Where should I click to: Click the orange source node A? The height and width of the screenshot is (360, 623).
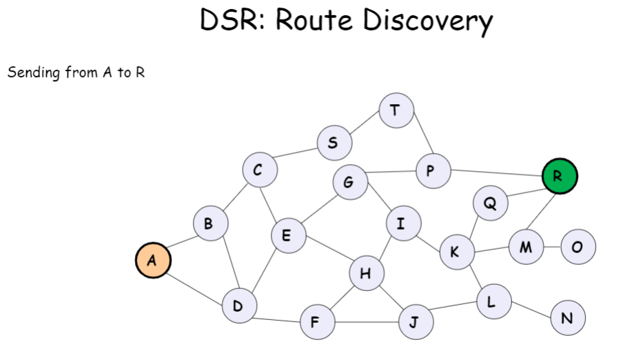click(x=153, y=261)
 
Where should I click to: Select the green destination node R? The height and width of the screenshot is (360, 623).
click(x=560, y=177)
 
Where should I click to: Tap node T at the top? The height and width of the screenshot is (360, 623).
click(x=396, y=110)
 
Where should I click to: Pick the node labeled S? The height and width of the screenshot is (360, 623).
click(x=334, y=143)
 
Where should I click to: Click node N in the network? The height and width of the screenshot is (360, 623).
click(x=568, y=319)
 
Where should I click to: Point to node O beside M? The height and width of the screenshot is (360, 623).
click(x=578, y=247)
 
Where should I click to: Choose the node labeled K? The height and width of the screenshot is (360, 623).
click(x=456, y=252)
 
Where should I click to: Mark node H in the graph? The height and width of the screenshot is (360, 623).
click(x=366, y=274)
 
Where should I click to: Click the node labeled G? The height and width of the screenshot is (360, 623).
click(x=349, y=183)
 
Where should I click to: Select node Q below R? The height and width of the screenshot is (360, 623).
click(x=491, y=204)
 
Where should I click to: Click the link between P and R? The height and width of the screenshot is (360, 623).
click(x=496, y=172)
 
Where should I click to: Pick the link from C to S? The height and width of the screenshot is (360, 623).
click(x=297, y=155)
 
